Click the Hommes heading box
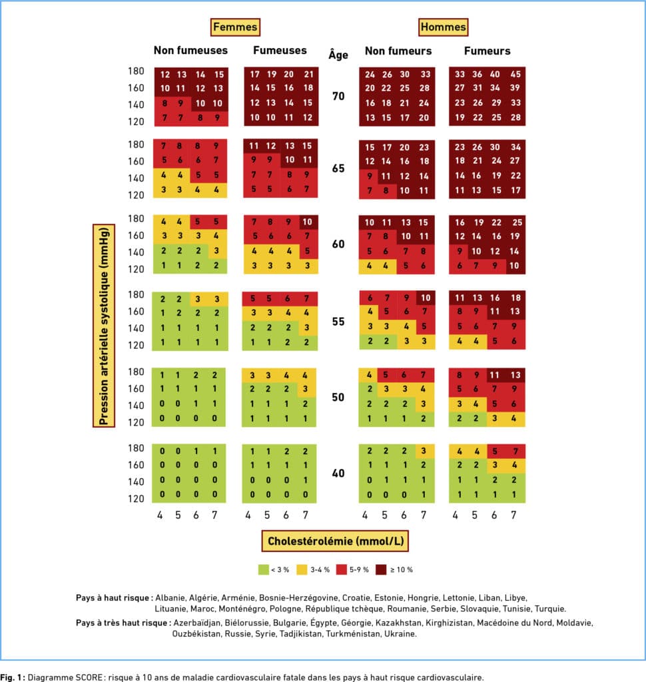pos(443,27)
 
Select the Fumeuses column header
pos(280,51)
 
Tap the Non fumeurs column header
pos(398,51)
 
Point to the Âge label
pos(338,55)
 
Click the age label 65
pos(338,169)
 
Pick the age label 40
pos(338,474)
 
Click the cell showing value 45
pos(515,74)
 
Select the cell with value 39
pos(515,88)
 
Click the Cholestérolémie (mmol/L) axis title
pos(334,541)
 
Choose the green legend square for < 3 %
pos(263,569)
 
